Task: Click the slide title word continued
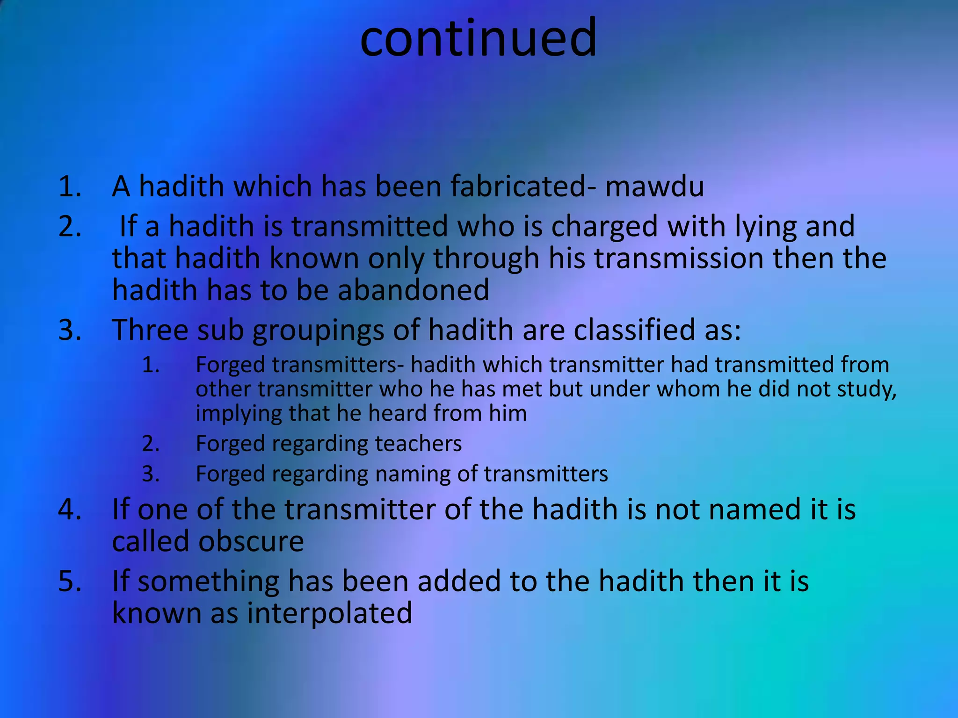478,38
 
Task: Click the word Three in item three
149,330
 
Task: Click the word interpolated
329,613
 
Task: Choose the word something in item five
208,582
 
